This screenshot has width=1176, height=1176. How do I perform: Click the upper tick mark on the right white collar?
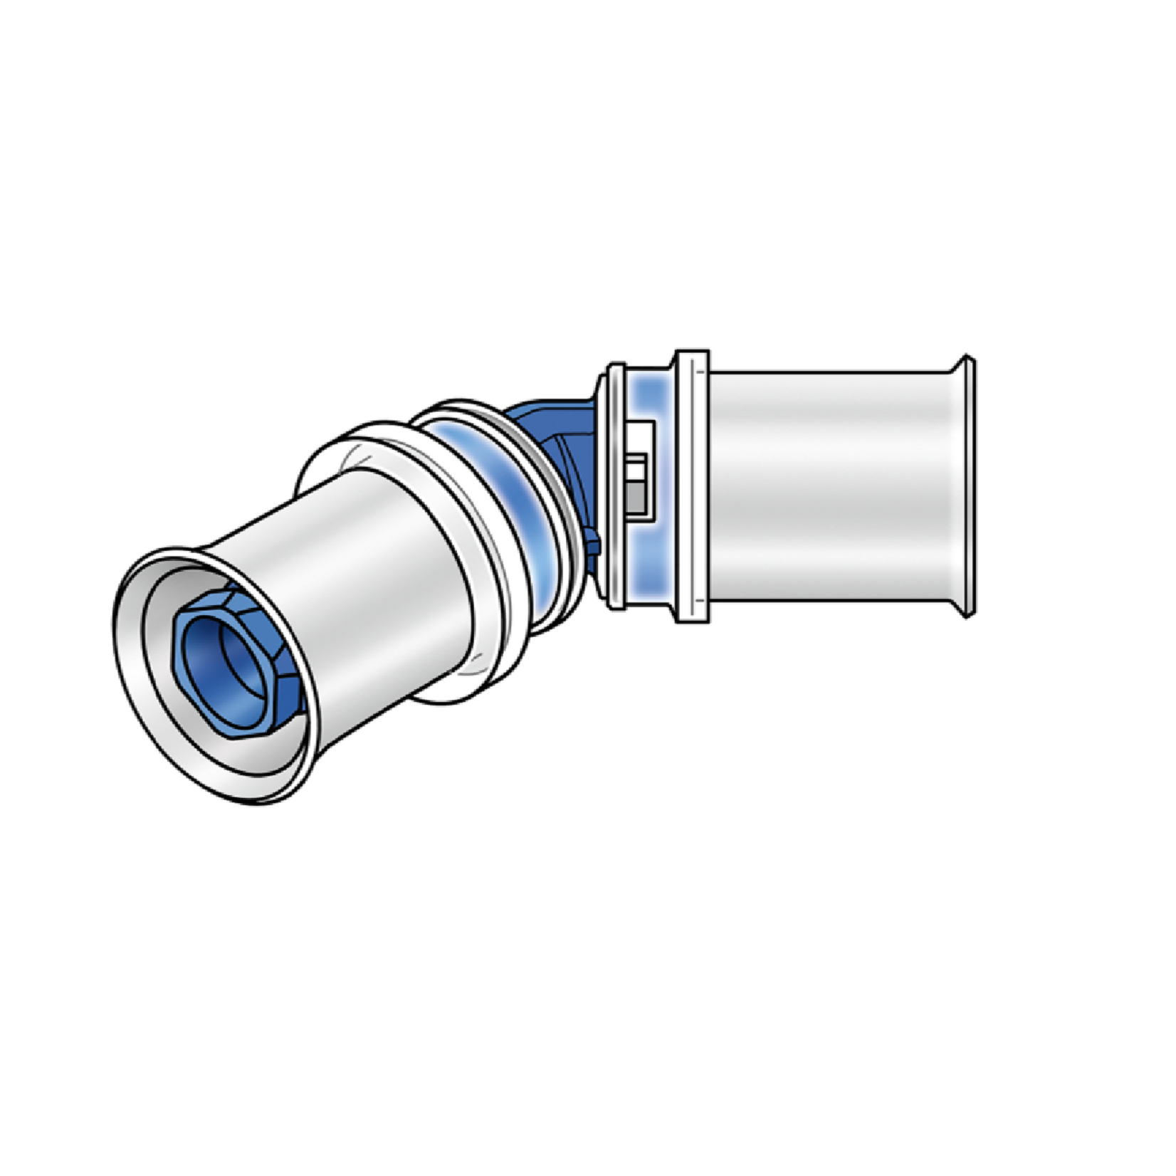coord(700,371)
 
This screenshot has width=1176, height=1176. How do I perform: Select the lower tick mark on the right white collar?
coord(700,601)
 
